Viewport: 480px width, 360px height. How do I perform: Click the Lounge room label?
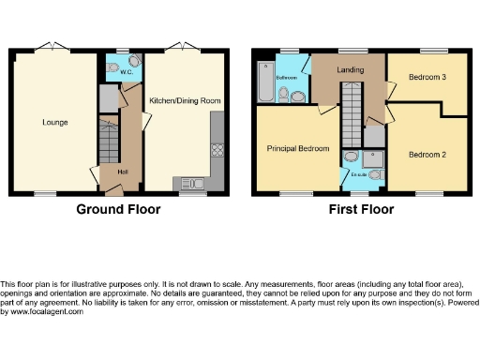pos(54,122)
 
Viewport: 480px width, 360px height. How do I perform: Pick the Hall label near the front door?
pos(122,171)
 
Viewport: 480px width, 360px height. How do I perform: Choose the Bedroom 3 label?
pos(427,79)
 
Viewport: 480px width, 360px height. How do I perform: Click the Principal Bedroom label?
pos(297,148)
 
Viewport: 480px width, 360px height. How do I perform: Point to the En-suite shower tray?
pos(374,159)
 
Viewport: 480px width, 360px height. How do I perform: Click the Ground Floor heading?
pos(118,209)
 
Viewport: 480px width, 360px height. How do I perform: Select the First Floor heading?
pos(360,209)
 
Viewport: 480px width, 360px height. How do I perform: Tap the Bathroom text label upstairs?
pos(286,79)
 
